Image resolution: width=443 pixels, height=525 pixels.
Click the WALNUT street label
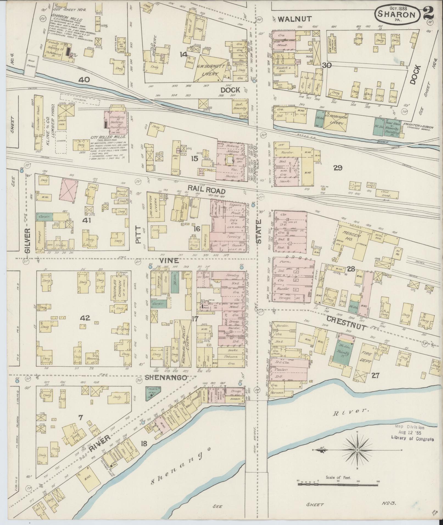click(295, 19)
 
